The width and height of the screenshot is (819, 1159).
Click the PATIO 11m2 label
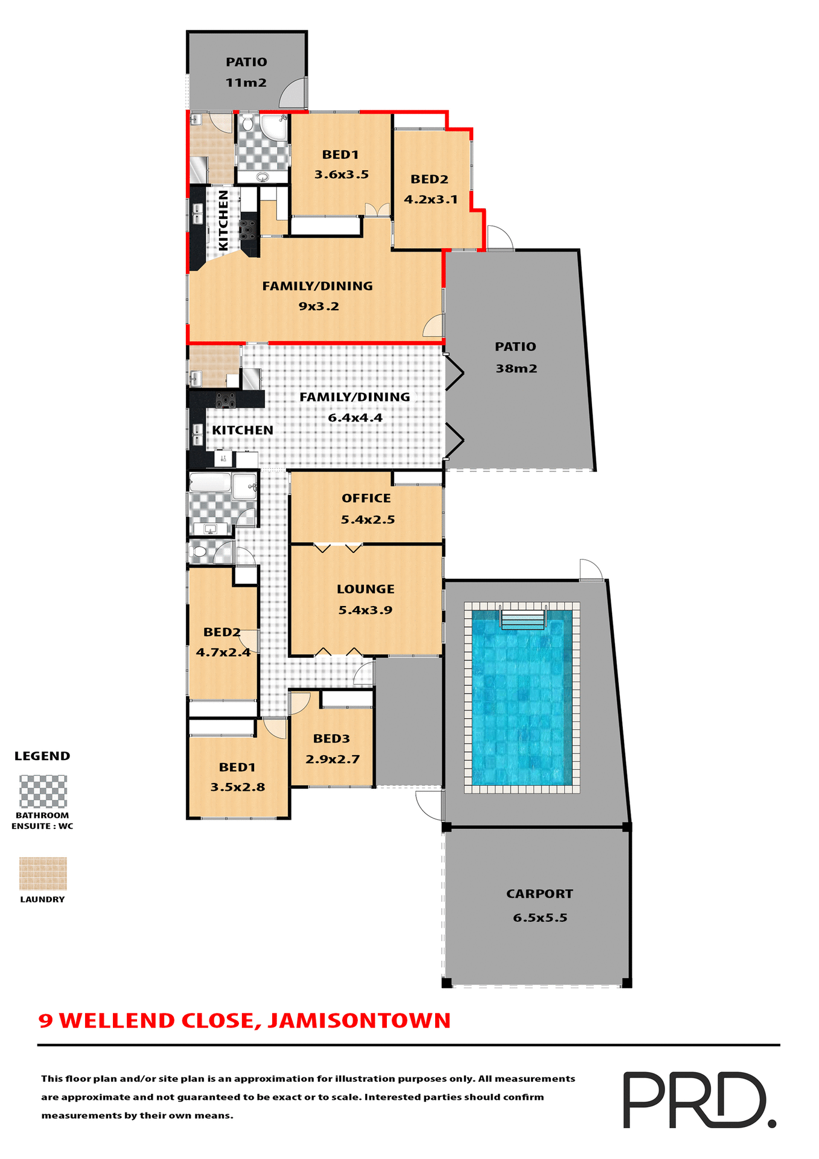(x=246, y=72)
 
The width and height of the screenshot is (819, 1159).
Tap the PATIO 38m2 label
(x=515, y=357)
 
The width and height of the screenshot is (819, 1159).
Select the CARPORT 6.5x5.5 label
(x=540, y=905)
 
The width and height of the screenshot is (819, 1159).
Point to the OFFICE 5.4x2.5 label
(x=366, y=508)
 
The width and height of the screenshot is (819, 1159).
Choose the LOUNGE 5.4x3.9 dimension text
(x=365, y=610)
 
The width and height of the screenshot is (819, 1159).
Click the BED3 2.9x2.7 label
(x=332, y=749)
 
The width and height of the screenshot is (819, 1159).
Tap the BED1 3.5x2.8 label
(x=237, y=777)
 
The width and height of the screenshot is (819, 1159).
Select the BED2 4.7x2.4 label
(x=222, y=642)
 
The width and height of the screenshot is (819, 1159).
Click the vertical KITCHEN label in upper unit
(x=223, y=220)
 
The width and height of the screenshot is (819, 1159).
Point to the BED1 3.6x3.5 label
(x=341, y=164)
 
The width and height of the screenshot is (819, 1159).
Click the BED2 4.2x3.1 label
(x=430, y=189)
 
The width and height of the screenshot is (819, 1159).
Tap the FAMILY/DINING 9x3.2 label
(x=317, y=296)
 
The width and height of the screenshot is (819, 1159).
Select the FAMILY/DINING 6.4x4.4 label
(x=355, y=407)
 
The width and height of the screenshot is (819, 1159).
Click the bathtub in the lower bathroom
(x=210, y=482)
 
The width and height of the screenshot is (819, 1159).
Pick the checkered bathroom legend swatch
(x=43, y=791)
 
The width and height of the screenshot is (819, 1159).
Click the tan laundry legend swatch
(x=43, y=873)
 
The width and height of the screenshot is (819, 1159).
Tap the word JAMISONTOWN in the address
(x=359, y=1021)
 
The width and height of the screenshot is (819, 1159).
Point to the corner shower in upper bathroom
(x=274, y=127)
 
